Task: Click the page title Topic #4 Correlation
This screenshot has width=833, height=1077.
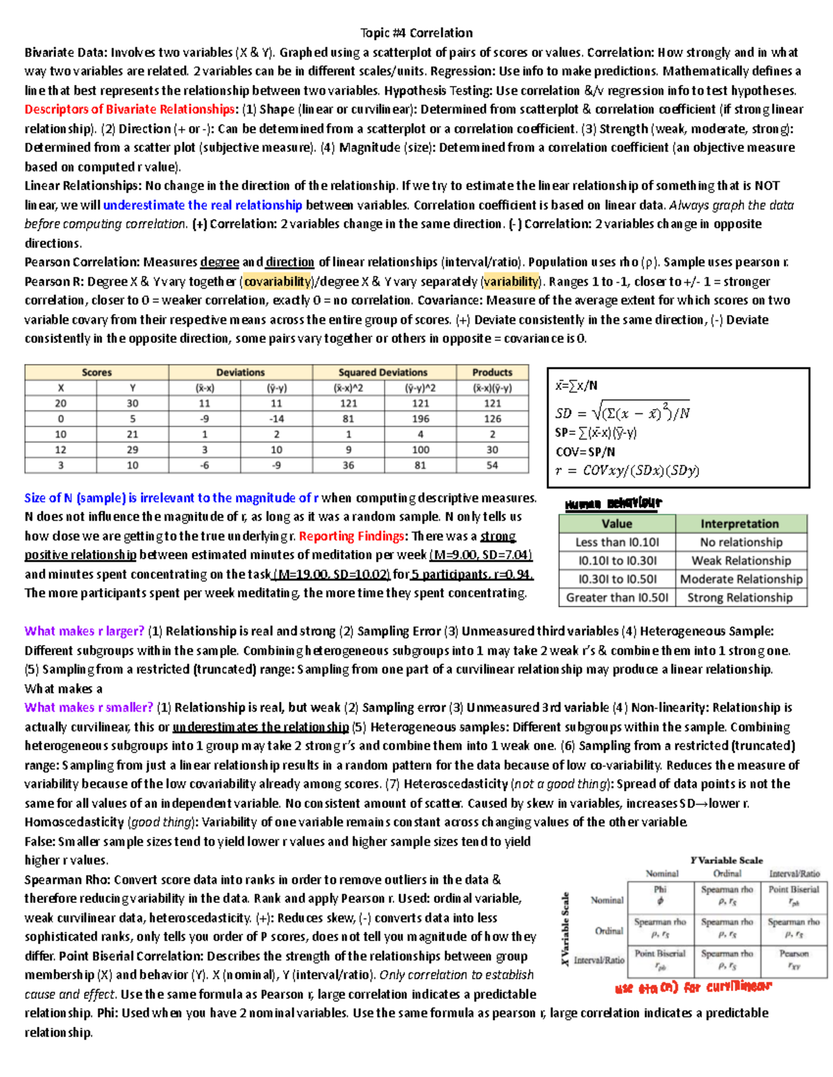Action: tap(416, 33)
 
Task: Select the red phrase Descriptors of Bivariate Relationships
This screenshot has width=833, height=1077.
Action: tap(130, 110)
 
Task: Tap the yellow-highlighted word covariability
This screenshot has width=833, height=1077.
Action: tap(277, 282)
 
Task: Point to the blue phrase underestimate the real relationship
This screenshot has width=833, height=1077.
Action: tap(202, 205)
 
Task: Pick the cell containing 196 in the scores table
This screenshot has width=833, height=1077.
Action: tap(420, 419)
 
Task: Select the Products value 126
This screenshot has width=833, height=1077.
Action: tap(492, 419)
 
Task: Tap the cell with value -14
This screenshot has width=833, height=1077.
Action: tap(276, 419)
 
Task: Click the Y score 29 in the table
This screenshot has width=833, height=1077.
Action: tap(133, 449)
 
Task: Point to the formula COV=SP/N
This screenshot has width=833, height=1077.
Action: tap(586, 451)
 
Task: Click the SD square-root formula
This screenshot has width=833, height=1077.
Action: tap(622, 413)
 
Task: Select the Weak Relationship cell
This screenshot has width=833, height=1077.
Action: tap(741, 561)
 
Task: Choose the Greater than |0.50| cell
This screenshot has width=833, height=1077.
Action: tap(616, 598)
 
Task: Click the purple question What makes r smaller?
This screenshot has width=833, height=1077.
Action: tap(88, 707)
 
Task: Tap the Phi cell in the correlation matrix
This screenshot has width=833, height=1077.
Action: tap(659, 895)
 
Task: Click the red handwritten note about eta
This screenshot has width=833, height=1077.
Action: tap(693, 988)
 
